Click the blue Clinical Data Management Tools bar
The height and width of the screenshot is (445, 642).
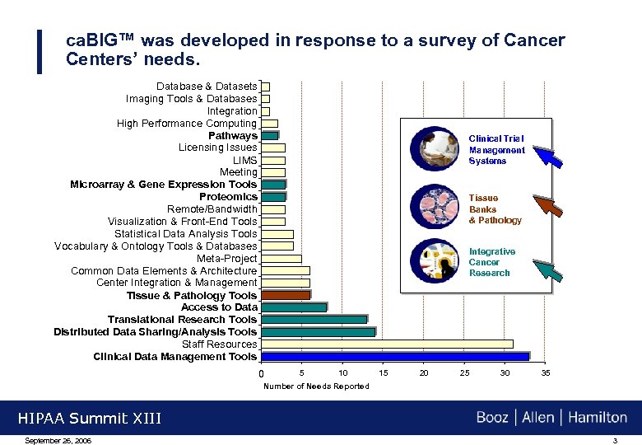point(395,357)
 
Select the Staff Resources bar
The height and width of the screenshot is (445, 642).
point(387,344)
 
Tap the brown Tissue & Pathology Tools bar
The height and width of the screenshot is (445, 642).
point(286,295)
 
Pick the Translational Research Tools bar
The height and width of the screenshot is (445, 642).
point(314,320)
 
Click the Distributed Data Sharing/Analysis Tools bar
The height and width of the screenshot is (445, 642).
point(319,332)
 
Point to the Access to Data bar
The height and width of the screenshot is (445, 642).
point(294,307)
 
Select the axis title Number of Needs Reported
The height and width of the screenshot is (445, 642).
point(316,386)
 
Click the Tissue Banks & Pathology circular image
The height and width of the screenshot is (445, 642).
point(438,206)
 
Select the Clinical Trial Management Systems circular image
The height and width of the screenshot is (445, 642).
point(438,149)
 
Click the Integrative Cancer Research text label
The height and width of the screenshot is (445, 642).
point(491,262)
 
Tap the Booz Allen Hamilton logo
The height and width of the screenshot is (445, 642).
point(551,418)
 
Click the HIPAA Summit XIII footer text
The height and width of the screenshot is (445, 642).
point(89,419)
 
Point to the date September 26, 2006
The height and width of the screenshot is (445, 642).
point(58,441)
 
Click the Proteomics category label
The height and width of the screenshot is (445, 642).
point(228,197)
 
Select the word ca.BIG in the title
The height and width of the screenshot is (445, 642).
point(100,40)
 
